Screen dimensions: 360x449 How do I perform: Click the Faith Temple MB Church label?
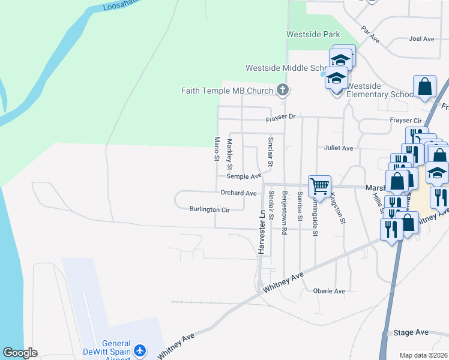[227, 91]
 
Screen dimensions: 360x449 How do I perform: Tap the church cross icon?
[283, 91]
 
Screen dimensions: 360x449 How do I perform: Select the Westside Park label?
[313, 34]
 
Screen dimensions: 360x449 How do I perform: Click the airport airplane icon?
[140, 349]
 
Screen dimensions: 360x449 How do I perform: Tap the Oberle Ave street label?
[330, 291]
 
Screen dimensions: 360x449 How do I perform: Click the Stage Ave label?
[411, 332]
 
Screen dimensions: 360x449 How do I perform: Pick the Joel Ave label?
[421, 39]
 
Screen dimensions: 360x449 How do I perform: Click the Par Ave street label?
[370, 34]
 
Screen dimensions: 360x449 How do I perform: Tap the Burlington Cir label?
[209, 209]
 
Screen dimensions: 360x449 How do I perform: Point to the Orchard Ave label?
[238, 193]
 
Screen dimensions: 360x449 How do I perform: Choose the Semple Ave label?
[244, 176]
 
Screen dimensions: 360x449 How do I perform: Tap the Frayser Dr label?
[282, 117]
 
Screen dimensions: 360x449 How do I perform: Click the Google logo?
[20, 353]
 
